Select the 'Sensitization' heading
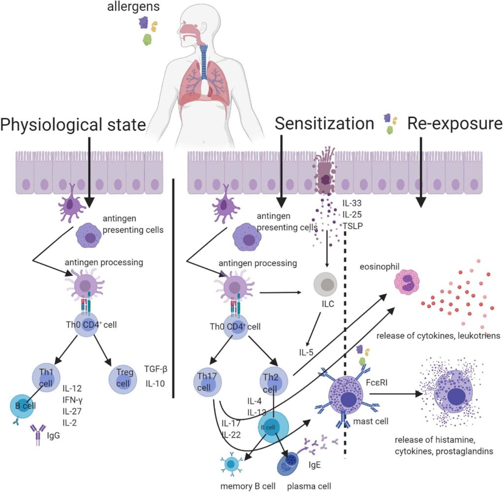(325, 124)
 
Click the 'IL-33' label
(353, 202)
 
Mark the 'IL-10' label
(156, 383)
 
